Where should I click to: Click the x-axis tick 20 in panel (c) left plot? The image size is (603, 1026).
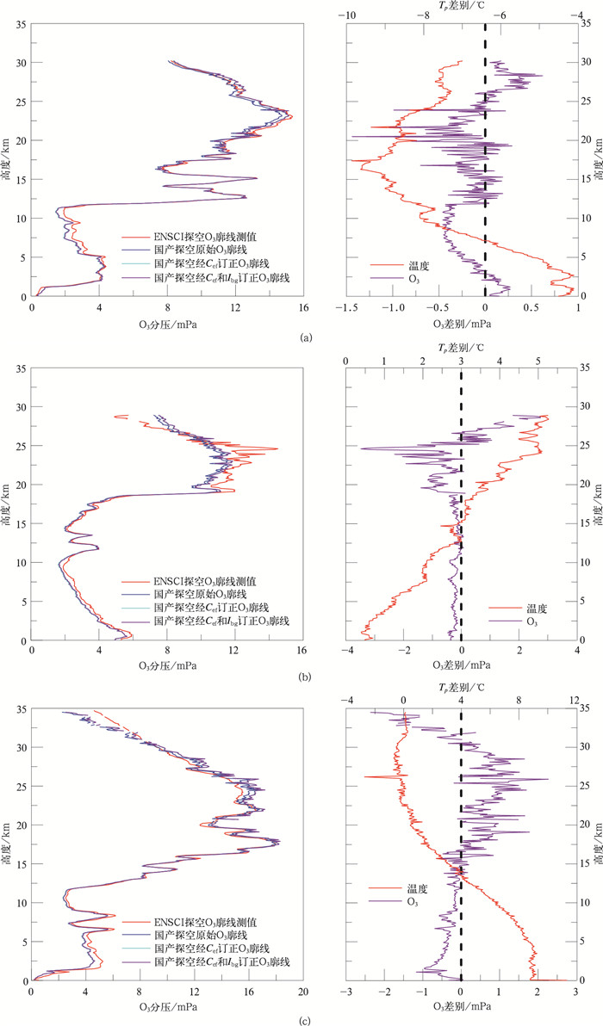pyautogui.click(x=301, y=992)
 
